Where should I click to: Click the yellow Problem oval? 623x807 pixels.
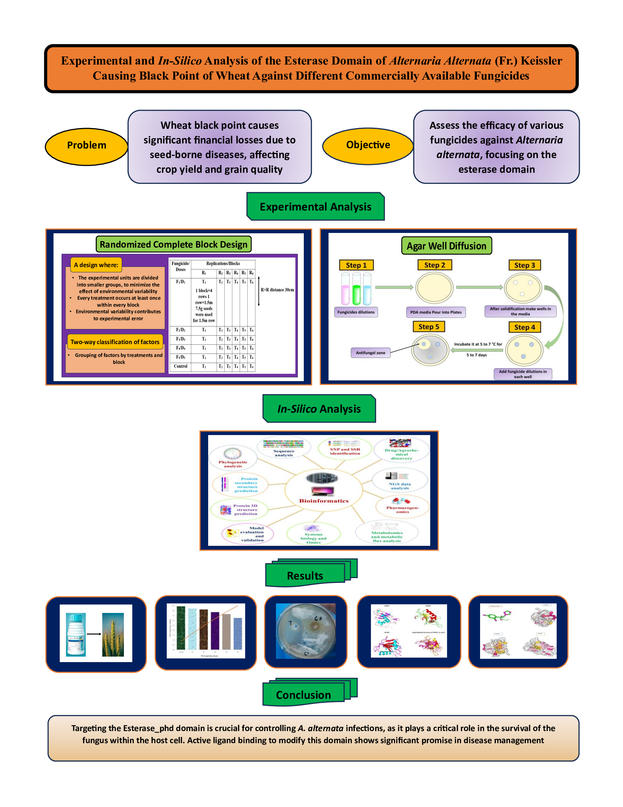[x=86, y=146]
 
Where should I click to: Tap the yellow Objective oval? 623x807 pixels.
[x=368, y=145]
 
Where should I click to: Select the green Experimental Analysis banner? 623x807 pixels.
[x=316, y=207]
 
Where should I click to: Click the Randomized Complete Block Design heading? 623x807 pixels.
[x=173, y=245]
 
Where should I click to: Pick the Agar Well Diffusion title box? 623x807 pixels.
[x=447, y=246]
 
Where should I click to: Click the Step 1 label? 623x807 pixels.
[x=356, y=265]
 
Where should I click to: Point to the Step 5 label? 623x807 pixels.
[x=428, y=327]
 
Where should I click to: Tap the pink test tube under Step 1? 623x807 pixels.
[x=346, y=290]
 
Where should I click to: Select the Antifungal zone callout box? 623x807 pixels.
[x=370, y=353]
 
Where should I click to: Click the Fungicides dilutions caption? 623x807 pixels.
[x=356, y=312]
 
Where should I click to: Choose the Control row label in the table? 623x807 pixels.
[x=180, y=366]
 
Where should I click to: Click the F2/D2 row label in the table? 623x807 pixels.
[x=180, y=330]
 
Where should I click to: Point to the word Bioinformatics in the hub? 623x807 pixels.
[x=324, y=501]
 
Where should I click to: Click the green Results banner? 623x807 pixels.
[x=305, y=575]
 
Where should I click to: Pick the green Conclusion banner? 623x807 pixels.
[x=303, y=695]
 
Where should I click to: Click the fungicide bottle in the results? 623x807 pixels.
[x=75, y=635]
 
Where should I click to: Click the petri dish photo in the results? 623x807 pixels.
[x=306, y=632]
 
